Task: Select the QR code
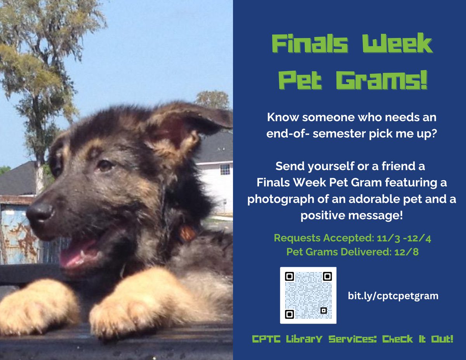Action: point(308,295)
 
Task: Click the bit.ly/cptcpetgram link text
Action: point(393,296)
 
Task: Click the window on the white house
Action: point(224,169)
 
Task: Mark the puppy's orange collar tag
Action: point(188,233)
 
